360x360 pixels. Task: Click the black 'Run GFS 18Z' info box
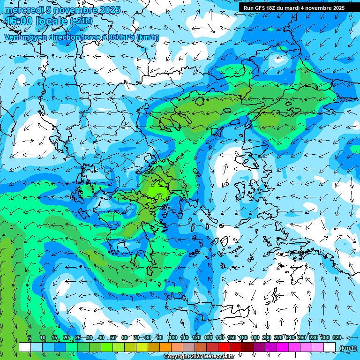point(293,7)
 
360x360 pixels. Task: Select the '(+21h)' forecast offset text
point(81,21)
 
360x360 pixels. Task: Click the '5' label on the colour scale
point(29,337)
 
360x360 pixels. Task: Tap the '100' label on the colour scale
point(172,337)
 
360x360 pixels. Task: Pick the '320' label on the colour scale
point(337,337)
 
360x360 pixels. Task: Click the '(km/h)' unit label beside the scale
point(347,348)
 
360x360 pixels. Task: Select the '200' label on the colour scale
point(267,337)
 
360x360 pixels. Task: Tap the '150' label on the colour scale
point(232,337)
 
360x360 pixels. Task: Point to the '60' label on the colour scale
point(125,337)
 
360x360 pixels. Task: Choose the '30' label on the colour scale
point(89,337)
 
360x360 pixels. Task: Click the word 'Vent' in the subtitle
point(13,37)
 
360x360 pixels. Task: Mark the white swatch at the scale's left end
point(25,347)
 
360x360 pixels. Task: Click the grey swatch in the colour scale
point(189,347)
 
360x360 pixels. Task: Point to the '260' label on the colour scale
point(302,337)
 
